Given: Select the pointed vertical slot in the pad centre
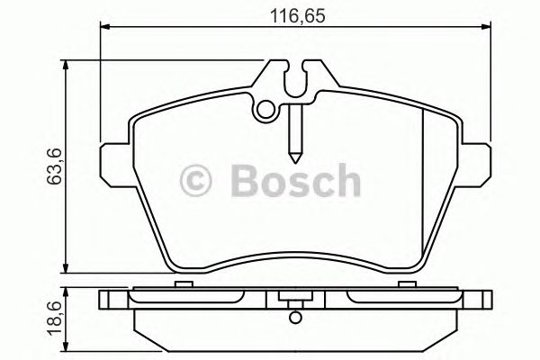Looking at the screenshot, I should tap(294, 130).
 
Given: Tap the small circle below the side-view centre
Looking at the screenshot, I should tap(294, 315).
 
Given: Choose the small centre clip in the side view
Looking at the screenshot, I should tap(294, 296).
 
